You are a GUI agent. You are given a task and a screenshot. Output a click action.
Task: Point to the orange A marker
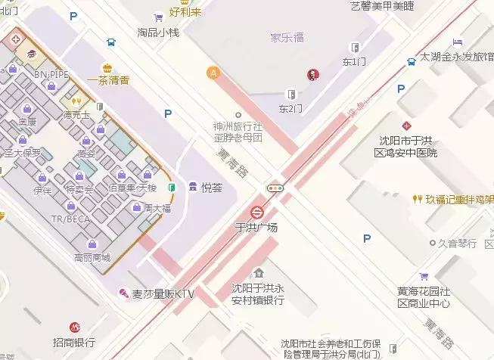pyautogui.click(x=214, y=73)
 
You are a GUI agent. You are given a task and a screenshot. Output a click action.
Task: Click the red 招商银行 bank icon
pyautogui.click(x=74, y=327)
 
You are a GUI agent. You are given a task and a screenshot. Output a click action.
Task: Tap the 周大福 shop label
pyautogui.click(x=158, y=207)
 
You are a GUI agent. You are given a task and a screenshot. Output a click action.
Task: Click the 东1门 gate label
pyautogui.click(x=353, y=61)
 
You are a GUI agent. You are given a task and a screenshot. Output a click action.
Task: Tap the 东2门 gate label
pyautogui.click(x=290, y=109)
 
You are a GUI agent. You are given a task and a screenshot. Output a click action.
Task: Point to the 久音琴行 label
pyautogui.click(x=459, y=244)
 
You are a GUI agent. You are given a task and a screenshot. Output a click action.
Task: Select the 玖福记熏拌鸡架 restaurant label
pyautogui.click(x=457, y=200)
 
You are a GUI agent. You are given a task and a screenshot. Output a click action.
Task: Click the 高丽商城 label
pyautogui.click(x=92, y=257)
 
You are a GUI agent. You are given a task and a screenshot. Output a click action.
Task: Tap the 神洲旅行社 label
pyautogui.click(x=238, y=127)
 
